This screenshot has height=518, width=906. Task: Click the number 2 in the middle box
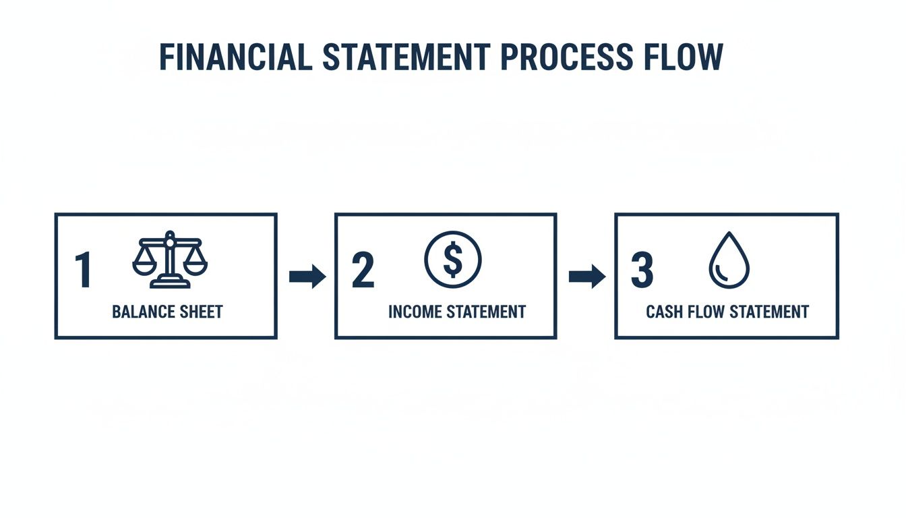click(363, 270)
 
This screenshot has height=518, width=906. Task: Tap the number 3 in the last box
click(642, 270)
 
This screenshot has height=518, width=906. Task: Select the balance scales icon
click(170, 260)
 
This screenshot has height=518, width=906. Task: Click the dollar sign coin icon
click(453, 260)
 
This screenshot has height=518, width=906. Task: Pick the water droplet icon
click(729, 260)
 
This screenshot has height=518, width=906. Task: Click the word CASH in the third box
click(662, 312)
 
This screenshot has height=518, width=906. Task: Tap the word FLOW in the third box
click(703, 312)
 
